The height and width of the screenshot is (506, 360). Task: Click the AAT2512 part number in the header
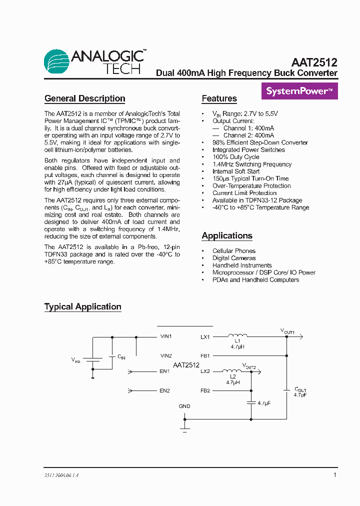click(314, 62)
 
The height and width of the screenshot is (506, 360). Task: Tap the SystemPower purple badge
click(299, 91)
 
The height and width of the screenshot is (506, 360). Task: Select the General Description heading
click(84, 98)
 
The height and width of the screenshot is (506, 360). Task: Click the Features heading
click(219, 98)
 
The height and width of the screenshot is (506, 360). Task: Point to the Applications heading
click(226, 235)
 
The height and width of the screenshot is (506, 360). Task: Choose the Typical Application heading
click(82, 306)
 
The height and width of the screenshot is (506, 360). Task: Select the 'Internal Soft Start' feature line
click(236, 171)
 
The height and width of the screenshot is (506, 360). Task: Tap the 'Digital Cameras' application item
click(233, 258)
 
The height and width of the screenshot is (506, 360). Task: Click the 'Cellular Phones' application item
click(233, 251)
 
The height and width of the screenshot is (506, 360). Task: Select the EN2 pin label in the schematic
click(165, 390)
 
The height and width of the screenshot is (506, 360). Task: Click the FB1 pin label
click(205, 355)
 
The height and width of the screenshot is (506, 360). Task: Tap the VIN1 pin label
click(165, 336)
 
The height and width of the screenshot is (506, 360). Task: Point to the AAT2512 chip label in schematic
click(186, 365)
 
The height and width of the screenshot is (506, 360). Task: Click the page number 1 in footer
click(334, 475)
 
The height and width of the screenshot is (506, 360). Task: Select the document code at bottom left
click(58, 475)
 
